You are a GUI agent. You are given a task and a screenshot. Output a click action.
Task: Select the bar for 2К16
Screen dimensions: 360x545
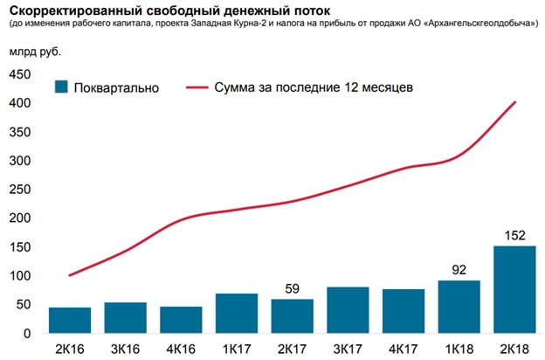coord(70,320)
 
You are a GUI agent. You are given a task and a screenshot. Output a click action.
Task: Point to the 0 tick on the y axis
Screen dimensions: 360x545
coord(26,334)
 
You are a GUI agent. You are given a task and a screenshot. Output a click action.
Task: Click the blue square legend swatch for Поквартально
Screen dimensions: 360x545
coord(61,87)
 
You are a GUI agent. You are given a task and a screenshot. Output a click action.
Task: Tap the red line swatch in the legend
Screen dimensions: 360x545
coord(197,87)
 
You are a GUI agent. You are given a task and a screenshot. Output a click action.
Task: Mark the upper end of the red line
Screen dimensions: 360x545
coord(515,102)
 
